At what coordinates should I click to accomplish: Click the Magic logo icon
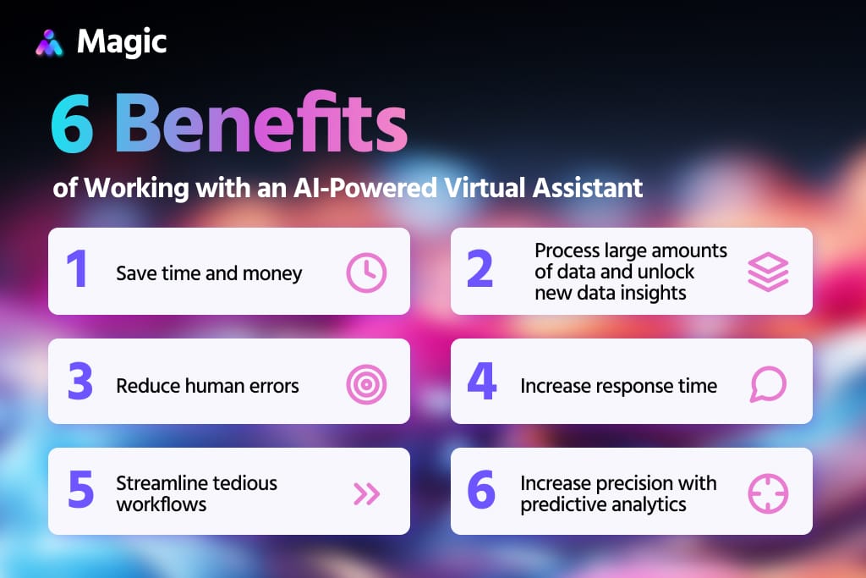tap(50, 42)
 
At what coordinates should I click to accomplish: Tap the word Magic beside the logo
tap(122, 41)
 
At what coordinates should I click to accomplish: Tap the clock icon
tap(366, 272)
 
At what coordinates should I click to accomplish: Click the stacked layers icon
tap(768, 272)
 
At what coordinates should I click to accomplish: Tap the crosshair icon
tap(768, 493)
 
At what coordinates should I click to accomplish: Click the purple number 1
tap(77, 270)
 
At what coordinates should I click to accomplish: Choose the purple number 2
tap(480, 270)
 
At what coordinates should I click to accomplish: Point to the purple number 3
tap(80, 383)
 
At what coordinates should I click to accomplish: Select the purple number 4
tap(481, 383)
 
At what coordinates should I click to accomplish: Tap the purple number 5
tap(80, 492)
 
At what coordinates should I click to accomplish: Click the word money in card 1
tap(275, 273)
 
